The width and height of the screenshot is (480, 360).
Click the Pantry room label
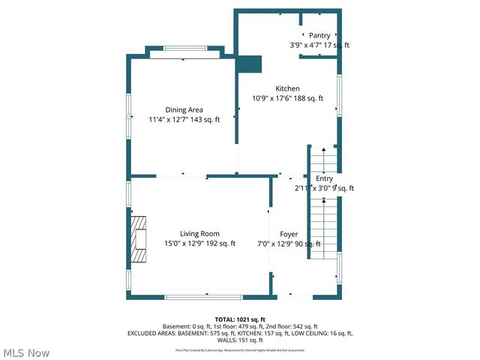(319, 35)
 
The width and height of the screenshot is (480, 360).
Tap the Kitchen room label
(288, 88)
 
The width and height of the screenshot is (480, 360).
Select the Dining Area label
(184, 110)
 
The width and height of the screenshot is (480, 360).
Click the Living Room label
(199, 234)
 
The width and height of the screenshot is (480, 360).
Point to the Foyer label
(289, 234)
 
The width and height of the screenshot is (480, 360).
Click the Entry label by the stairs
(324, 178)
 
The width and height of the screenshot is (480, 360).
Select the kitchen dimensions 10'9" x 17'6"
(288, 98)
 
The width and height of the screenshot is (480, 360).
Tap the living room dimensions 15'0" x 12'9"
(199, 244)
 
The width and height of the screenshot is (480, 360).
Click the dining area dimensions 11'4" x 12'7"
(184, 120)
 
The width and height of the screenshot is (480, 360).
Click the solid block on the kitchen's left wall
(248, 64)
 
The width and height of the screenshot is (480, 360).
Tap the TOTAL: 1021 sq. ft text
(240, 319)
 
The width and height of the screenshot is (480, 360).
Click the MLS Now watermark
(26, 352)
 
